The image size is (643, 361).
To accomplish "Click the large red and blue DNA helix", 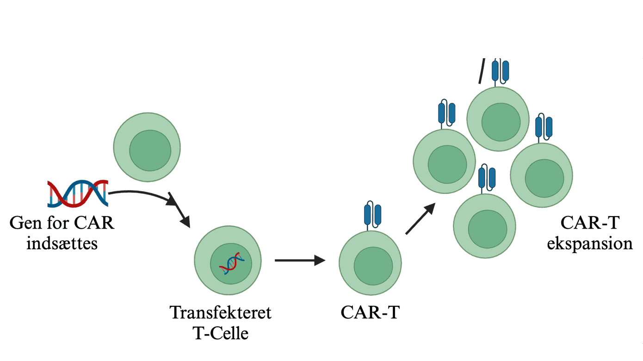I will click(78, 193).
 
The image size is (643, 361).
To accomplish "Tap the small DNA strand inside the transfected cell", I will click(231, 263).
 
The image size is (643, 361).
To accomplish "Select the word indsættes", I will click(62, 243).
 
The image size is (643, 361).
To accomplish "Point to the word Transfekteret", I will click(221, 312).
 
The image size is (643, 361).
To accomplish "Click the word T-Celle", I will click(221, 333).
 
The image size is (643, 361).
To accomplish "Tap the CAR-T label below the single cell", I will click(370, 312).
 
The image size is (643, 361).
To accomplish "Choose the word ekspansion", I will click(589, 243).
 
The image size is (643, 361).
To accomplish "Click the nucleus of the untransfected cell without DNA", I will click(150, 150).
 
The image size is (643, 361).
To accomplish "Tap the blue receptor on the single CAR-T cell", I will click(373, 214).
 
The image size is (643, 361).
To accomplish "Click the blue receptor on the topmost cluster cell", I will click(500, 70).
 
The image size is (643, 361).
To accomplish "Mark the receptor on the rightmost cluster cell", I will click(544, 127).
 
